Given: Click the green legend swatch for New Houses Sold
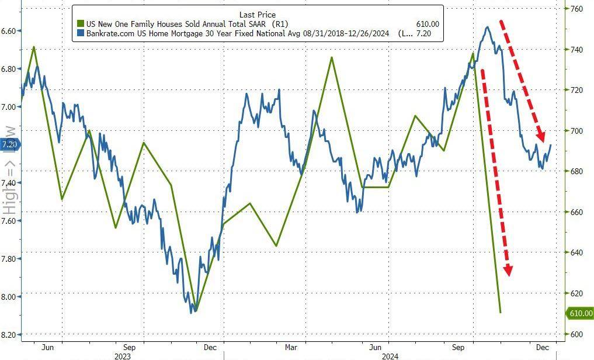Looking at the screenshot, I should click(81, 24).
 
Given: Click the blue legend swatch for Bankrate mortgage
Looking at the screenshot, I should click(81, 34).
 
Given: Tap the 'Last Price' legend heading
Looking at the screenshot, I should click(257, 14).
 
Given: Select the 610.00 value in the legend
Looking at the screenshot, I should click(427, 24).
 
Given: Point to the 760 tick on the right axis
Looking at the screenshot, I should click(577, 9).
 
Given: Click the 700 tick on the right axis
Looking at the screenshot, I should click(577, 131).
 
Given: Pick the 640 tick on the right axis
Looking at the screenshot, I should click(577, 252).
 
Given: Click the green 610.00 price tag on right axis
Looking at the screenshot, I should click(581, 314).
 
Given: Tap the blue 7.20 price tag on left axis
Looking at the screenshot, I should click(9, 144).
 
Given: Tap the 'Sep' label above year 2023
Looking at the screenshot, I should click(129, 347).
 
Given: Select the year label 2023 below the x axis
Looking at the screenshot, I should click(122, 355).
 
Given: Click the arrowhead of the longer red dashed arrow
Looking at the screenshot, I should click(508, 270).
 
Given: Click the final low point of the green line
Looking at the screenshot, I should click(501, 313).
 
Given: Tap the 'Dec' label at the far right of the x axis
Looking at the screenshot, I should click(543, 347).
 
